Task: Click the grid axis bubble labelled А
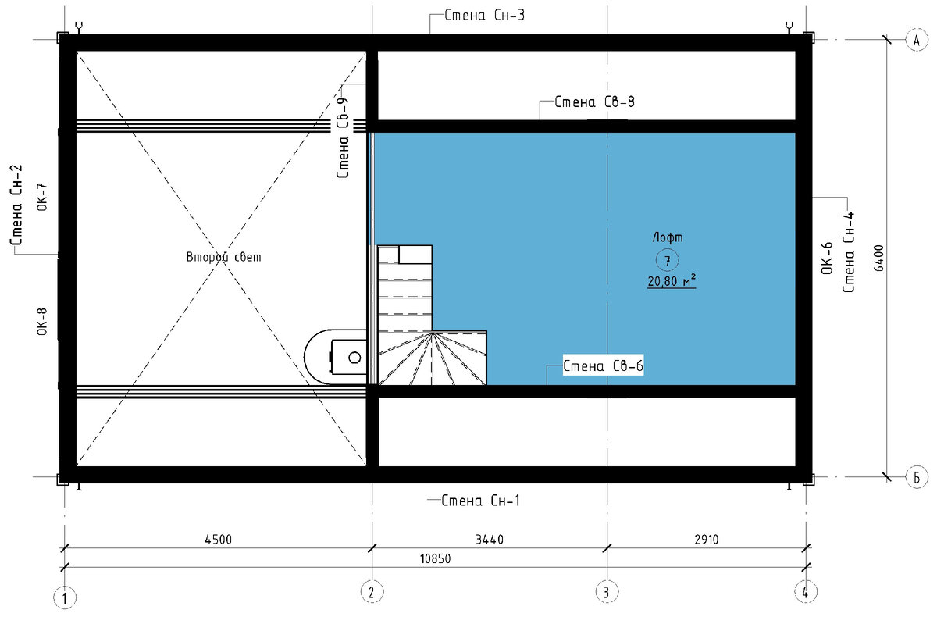click(917, 41)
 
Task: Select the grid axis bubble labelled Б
click(917, 477)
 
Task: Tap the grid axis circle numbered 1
click(65, 597)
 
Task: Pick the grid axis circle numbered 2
click(372, 592)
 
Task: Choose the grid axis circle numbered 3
click(607, 592)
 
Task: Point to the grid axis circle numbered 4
click(806, 592)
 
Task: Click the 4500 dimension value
click(218, 540)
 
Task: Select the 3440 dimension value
click(490, 540)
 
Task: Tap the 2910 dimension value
click(707, 540)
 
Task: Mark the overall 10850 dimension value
click(436, 558)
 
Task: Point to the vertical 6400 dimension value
click(879, 259)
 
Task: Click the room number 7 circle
click(667, 260)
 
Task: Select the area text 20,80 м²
click(672, 281)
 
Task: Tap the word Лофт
click(668, 237)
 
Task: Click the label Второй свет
click(223, 256)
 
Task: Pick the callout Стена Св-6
click(603, 366)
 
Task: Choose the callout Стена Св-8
click(594, 102)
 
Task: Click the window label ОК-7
click(42, 197)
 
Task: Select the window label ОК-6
click(827, 259)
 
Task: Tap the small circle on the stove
click(354, 358)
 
